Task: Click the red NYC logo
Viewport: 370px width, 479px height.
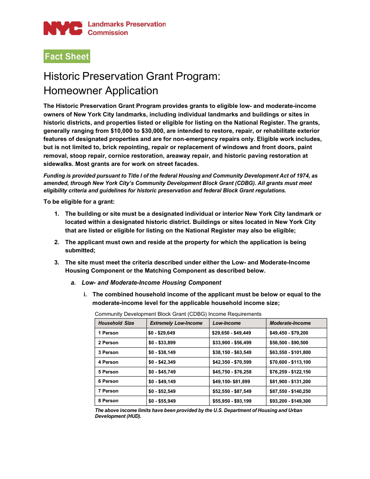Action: click(x=63, y=28)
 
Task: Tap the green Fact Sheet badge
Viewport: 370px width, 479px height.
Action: click(x=67, y=56)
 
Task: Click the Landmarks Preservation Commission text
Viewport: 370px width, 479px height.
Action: click(x=126, y=28)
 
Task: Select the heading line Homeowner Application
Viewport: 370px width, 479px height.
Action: click(x=101, y=91)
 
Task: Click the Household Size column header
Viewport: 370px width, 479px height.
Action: click(x=116, y=323)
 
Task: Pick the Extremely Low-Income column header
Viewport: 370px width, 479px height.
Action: click(x=176, y=323)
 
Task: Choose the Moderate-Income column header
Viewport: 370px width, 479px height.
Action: click(x=290, y=323)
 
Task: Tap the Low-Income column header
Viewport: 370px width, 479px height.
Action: click(x=227, y=323)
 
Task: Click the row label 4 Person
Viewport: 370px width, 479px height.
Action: click(x=108, y=362)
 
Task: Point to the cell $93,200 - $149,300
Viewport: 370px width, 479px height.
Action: click(x=290, y=401)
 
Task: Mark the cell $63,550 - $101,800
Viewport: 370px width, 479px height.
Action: click(x=290, y=352)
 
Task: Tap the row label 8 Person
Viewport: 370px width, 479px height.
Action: click(x=108, y=401)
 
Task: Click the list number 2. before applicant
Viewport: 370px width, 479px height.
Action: click(x=57, y=242)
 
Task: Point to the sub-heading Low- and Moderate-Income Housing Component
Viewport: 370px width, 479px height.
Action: click(x=151, y=283)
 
